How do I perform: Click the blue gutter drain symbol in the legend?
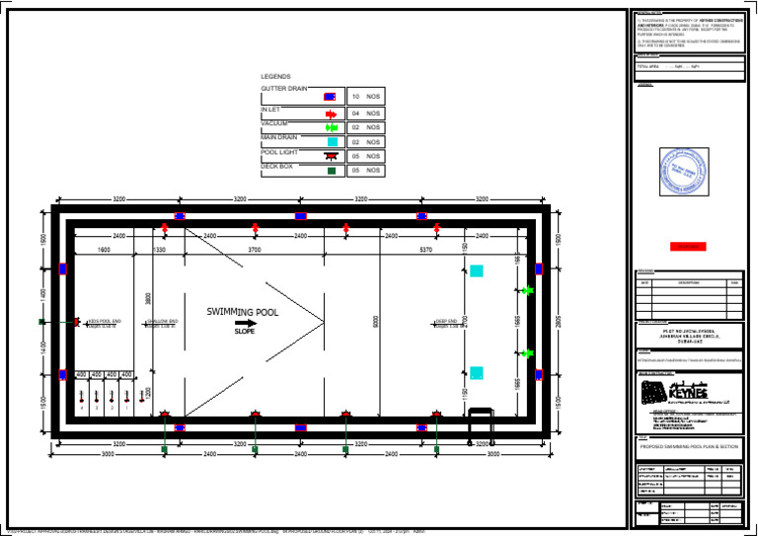pyautogui.click(x=330, y=98)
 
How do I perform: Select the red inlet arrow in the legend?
pyautogui.click(x=331, y=115)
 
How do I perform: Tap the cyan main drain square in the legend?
pyautogui.click(x=332, y=142)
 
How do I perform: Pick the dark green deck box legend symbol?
pyautogui.click(x=332, y=171)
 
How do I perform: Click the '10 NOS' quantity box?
pyautogui.click(x=365, y=98)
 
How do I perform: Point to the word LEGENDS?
pyautogui.click(x=275, y=77)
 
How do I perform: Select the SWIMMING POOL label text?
pyautogui.click(x=243, y=311)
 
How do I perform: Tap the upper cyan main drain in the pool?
pyautogui.click(x=477, y=270)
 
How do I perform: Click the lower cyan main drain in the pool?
pyautogui.click(x=477, y=373)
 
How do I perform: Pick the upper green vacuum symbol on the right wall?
pyautogui.click(x=527, y=290)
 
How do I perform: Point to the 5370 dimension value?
pyautogui.click(x=426, y=250)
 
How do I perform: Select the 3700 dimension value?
pyautogui.click(x=255, y=250)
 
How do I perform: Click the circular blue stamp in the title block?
pyautogui.click(x=684, y=170)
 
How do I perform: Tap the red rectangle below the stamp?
pyautogui.click(x=688, y=246)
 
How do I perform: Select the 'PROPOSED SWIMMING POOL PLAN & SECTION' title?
pyautogui.click(x=689, y=446)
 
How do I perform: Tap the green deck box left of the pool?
pyautogui.click(x=41, y=322)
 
